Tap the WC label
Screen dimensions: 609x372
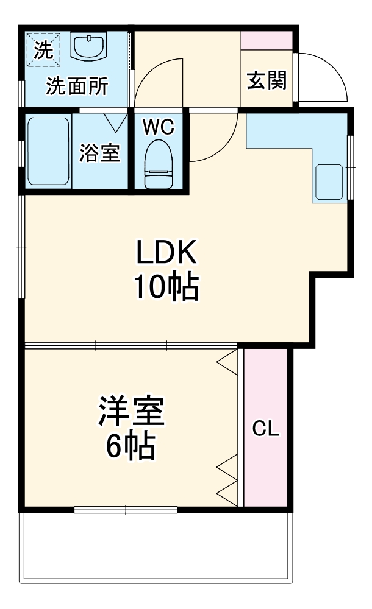pos(159,127)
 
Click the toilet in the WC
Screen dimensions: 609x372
pos(159,163)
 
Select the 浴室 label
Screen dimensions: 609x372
pos(99,153)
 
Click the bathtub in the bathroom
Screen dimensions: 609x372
pos(48,151)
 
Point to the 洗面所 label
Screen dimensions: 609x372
pos(77,86)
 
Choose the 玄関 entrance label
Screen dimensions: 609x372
pos(266,80)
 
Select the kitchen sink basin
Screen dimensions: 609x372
pos(329,181)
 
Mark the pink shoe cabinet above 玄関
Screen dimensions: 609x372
pos(267,40)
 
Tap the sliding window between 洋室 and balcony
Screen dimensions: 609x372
pos(126,509)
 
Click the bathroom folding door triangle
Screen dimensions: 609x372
pos(115,121)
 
